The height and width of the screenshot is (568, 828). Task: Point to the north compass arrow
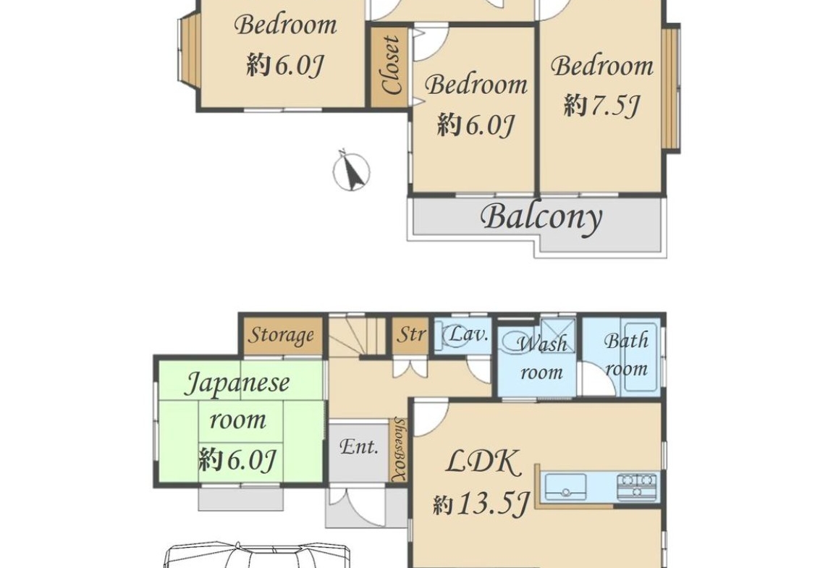click(x=350, y=171)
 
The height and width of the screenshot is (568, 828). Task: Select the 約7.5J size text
click(x=601, y=106)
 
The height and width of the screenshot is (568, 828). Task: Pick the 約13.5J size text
click(x=480, y=504)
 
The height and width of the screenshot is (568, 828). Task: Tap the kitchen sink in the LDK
click(x=565, y=486)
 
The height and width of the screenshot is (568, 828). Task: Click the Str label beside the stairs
click(x=411, y=334)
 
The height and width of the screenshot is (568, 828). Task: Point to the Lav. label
click(x=467, y=334)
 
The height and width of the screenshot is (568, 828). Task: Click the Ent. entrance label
click(x=359, y=447)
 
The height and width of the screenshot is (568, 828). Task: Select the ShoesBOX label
click(x=400, y=449)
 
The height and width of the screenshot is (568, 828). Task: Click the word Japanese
click(x=237, y=383)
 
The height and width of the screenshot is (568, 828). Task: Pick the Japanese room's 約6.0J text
click(x=237, y=459)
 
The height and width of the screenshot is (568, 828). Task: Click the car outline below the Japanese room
click(x=257, y=554)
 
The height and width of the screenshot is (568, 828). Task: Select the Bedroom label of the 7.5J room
click(x=602, y=67)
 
